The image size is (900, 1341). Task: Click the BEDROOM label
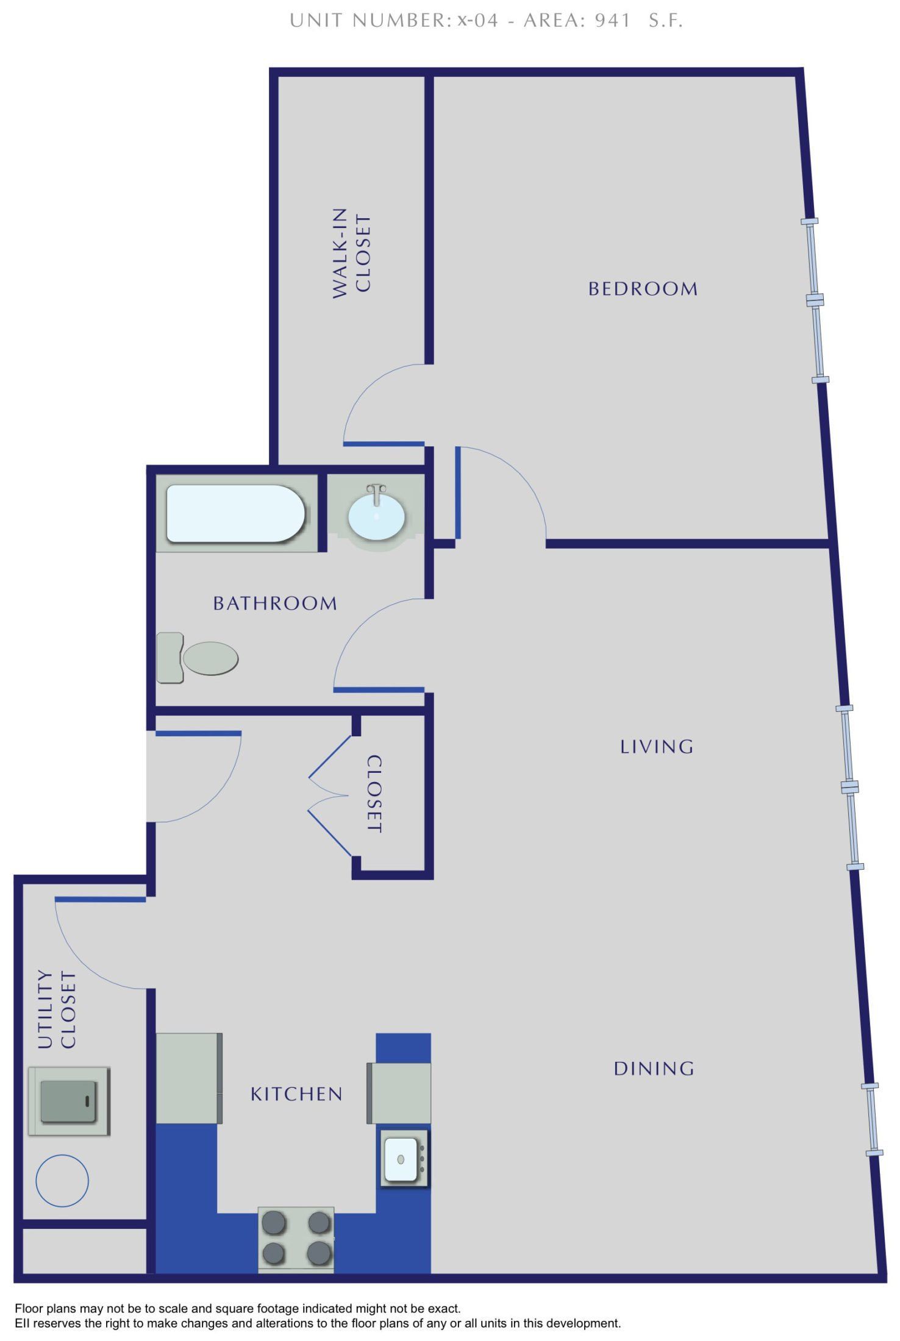(x=643, y=289)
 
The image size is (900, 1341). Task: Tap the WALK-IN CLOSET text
(x=352, y=253)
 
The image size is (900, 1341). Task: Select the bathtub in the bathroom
(x=235, y=513)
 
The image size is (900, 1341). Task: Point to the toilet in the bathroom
(x=198, y=658)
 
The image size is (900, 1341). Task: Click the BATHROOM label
(x=275, y=603)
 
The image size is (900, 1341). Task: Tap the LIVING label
(x=657, y=747)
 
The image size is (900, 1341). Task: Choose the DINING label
(x=654, y=1069)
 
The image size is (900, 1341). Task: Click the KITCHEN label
(x=296, y=1094)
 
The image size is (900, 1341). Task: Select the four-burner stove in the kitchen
(x=296, y=1238)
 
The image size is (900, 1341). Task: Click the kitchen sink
(x=403, y=1158)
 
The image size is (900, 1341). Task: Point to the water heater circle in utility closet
(x=62, y=1181)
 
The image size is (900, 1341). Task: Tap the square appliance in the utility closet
(x=69, y=1101)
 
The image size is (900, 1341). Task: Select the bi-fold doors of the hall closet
(x=329, y=795)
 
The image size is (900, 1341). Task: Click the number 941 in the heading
(x=612, y=21)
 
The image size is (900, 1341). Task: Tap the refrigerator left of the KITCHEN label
(x=189, y=1078)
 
